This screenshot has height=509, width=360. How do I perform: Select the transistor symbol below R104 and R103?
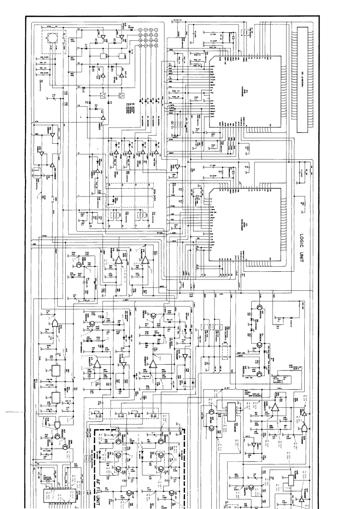tap(80, 264)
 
